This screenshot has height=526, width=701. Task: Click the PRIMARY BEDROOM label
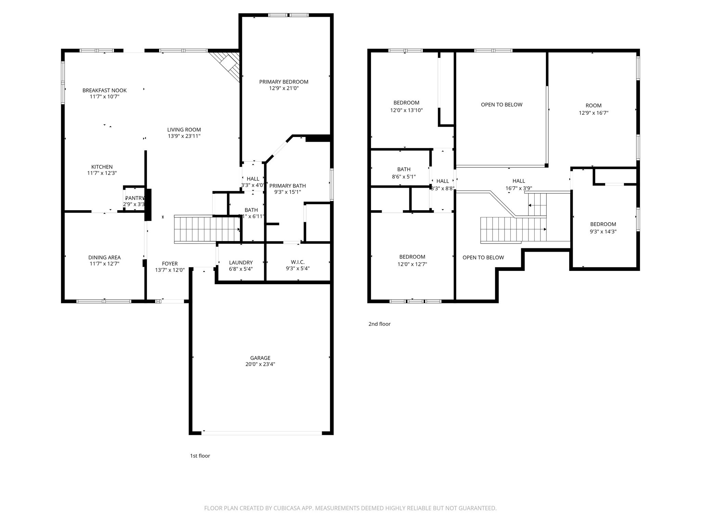pyautogui.click(x=283, y=82)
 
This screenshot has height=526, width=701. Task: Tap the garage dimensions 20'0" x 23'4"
pyautogui.click(x=260, y=364)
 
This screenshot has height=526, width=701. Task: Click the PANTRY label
pyautogui.click(x=135, y=198)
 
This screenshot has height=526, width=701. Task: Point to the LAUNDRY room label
pyautogui.click(x=241, y=263)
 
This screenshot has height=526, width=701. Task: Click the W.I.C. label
pyautogui.click(x=298, y=262)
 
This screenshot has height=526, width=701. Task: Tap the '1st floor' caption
pyautogui.click(x=200, y=456)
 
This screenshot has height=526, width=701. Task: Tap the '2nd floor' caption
pyautogui.click(x=379, y=324)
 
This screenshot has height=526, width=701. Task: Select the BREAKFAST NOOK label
pyautogui.click(x=104, y=90)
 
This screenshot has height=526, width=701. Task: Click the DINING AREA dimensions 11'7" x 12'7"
pyautogui.click(x=104, y=264)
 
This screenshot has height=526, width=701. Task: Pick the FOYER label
pyautogui.click(x=170, y=264)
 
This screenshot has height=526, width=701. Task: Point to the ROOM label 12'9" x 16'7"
pyautogui.click(x=593, y=105)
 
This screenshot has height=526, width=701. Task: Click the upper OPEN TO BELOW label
pyautogui.click(x=501, y=105)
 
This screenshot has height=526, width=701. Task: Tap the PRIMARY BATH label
pyautogui.click(x=288, y=186)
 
